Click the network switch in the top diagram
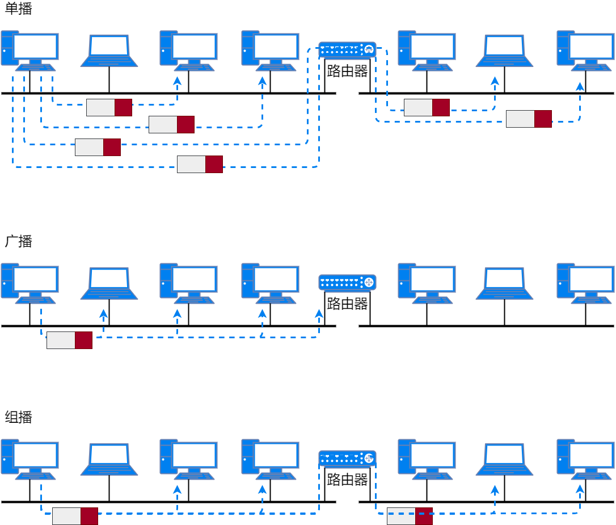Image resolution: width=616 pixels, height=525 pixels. pyautogui.click(x=347, y=50)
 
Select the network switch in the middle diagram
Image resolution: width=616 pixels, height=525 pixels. pyautogui.click(x=347, y=283)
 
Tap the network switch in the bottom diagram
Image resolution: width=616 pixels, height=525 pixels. pyautogui.click(x=347, y=459)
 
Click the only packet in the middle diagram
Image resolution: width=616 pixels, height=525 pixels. pyautogui.click(x=69, y=340)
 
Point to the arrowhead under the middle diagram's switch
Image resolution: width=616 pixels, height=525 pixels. pyautogui.click(x=319, y=313)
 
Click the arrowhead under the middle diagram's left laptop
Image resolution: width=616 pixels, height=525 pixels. pyautogui.click(x=103, y=313)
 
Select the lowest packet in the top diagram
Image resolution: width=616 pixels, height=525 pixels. pyautogui.click(x=200, y=164)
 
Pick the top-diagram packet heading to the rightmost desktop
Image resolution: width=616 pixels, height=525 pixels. pyautogui.click(x=529, y=119)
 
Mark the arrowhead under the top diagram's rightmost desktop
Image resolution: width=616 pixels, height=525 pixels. pyautogui.click(x=580, y=86)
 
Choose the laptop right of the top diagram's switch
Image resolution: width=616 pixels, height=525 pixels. pyautogui.click(x=504, y=51)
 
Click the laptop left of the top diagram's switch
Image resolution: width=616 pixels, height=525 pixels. pyautogui.click(x=109, y=51)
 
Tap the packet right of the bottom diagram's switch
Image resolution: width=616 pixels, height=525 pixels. pyautogui.click(x=410, y=516)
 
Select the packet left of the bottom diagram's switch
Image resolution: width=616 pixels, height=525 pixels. pyautogui.click(x=75, y=516)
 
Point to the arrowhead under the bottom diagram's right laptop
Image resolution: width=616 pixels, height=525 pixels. pyautogui.click(x=495, y=489)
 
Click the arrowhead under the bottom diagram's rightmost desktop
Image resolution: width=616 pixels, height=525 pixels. pyautogui.click(x=580, y=489)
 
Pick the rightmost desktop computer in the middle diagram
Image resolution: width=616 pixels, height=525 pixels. pyautogui.click(x=586, y=283)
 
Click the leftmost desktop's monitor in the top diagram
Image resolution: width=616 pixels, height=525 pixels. pyautogui.click(x=35, y=46)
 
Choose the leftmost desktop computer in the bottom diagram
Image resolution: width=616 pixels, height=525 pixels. pyautogui.click(x=29, y=459)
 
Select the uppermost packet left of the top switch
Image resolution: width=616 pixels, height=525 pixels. pyautogui.click(x=109, y=107)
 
